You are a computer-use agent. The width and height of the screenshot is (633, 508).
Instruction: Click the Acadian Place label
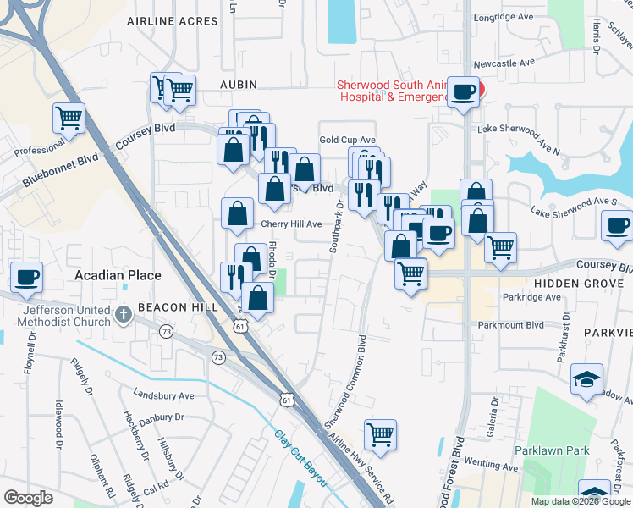pyautogui.click(x=118, y=275)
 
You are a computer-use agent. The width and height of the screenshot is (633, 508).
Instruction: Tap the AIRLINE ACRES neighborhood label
pyautogui.click(x=173, y=21)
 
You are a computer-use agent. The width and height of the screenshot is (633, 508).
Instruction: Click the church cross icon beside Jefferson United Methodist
pyautogui.click(x=124, y=316)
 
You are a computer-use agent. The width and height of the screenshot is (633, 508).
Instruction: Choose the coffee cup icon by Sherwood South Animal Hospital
pyautogui.click(x=463, y=92)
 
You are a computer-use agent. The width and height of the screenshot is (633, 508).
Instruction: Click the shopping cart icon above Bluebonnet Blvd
pyautogui.click(x=69, y=119)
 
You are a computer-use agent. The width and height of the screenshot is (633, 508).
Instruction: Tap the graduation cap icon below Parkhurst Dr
pyautogui.click(x=586, y=378)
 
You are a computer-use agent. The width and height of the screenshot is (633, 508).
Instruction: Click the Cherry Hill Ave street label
pyautogui.click(x=291, y=224)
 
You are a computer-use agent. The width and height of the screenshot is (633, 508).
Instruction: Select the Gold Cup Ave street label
pyautogui.click(x=347, y=140)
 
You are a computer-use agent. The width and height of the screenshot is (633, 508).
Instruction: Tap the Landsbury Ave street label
pyautogui.click(x=164, y=395)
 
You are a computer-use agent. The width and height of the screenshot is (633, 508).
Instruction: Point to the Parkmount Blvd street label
pyautogui.click(x=535, y=324)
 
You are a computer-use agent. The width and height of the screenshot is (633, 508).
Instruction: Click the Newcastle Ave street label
pyautogui.click(x=504, y=63)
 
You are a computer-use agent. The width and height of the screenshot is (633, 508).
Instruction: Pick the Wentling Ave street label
pyautogui.click(x=488, y=467)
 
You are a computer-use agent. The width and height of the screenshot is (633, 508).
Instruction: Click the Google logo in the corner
pyautogui.click(x=28, y=498)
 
